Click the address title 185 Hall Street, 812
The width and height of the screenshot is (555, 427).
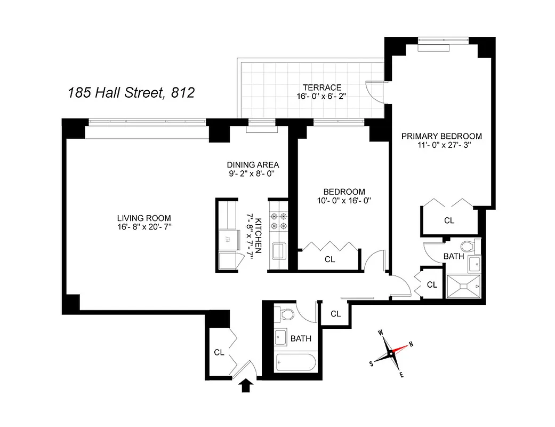pos(131,93)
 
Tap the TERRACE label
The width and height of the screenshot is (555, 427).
pos(321,88)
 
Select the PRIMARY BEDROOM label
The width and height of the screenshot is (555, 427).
pos(441,136)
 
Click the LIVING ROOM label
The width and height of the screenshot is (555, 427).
pos(144,218)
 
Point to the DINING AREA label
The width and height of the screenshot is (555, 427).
pos(253,165)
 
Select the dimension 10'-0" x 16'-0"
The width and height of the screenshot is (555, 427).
pos(344,201)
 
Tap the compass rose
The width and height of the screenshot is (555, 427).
pos(392,353)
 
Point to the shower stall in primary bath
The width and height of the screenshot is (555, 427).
pos(463,287)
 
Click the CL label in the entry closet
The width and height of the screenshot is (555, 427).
pos(219,352)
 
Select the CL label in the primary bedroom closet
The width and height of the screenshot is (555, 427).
pos(449,220)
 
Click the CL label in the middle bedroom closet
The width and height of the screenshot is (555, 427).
pos(329,259)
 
